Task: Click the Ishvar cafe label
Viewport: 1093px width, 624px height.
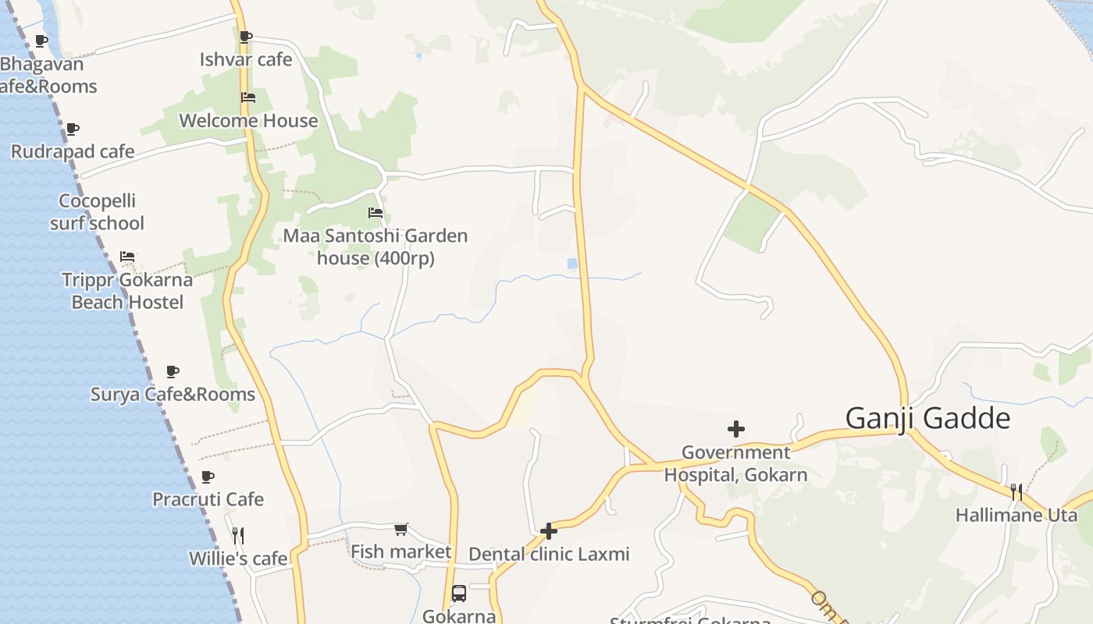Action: tap(245, 59)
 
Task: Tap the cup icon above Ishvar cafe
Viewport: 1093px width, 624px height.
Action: tap(245, 36)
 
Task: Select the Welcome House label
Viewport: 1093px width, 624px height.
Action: tap(248, 121)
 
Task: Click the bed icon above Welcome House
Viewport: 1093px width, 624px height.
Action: tap(248, 97)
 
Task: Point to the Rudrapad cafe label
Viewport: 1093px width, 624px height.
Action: tap(73, 151)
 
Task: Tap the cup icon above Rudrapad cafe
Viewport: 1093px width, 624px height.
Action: tap(72, 129)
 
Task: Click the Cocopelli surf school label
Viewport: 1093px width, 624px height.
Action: tap(97, 212)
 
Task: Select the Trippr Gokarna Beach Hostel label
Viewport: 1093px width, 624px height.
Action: tap(127, 291)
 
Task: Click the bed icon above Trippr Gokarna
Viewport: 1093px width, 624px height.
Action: tap(127, 256)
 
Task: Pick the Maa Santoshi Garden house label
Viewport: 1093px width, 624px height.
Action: tap(376, 246)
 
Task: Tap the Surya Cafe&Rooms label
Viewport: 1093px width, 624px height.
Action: tap(173, 394)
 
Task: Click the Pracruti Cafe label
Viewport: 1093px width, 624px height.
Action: tap(208, 499)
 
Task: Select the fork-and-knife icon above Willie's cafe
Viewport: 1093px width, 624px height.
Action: tap(238, 535)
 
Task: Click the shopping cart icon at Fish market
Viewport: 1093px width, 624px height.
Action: tap(401, 530)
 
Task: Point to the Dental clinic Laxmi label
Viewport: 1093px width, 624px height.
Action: tap(549, 555)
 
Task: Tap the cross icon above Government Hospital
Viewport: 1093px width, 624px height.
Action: tap(735, 429)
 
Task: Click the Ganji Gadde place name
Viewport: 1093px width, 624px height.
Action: tap(927, 419)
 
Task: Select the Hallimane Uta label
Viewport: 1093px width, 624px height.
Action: tap(1016, 515)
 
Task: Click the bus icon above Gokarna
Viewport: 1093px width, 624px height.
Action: tap(459, 594)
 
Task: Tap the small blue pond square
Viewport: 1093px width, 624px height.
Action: tap(572, 264)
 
